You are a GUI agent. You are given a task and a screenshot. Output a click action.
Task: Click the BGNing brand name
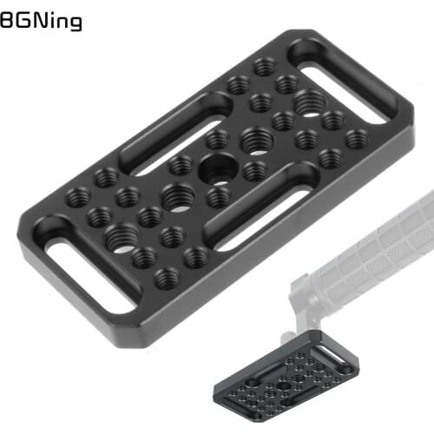(41, 19)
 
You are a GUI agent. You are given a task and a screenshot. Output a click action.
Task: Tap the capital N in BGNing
(35, 18)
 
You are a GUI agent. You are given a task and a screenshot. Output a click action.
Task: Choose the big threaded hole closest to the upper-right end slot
(309, 103)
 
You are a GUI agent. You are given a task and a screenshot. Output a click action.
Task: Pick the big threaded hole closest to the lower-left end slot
(119, 234)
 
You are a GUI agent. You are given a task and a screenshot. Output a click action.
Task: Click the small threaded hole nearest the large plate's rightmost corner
(357, 138)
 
